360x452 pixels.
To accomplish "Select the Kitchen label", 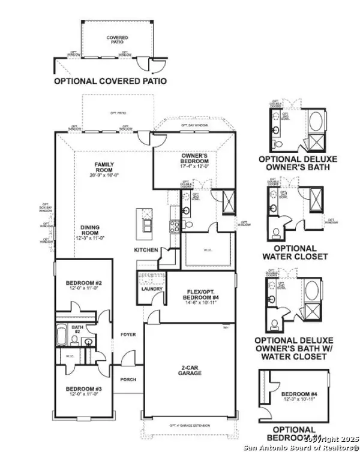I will pos(146,249).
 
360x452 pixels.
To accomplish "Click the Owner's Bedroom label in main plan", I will pos(195,158).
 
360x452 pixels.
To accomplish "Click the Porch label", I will pos(128,379).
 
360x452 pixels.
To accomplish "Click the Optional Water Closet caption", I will pos(295,252).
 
